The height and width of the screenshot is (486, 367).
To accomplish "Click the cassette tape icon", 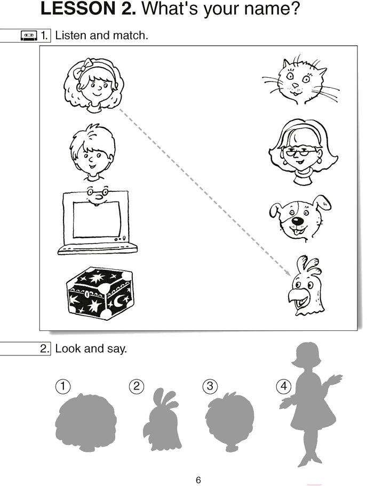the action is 29,36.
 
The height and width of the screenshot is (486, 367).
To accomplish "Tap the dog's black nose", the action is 298,221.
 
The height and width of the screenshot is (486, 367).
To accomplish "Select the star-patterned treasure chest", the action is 100,293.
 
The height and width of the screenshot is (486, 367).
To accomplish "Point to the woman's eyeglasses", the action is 301,152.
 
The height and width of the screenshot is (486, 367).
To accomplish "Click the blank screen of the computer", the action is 97,220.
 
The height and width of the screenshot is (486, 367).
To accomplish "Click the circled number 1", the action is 62,386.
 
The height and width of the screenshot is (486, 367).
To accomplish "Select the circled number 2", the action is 137,386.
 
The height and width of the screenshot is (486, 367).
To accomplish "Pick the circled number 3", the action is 210,386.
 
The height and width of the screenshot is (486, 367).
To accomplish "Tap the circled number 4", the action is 284,386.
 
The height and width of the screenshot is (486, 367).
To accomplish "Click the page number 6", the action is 198,480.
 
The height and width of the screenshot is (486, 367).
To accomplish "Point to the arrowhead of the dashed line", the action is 289,273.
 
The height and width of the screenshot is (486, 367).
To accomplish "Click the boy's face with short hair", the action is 92,152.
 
